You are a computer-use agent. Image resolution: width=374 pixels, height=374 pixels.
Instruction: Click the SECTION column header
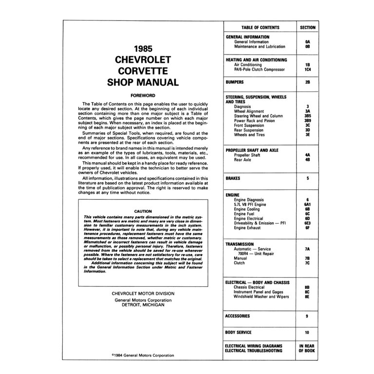pos(307,28)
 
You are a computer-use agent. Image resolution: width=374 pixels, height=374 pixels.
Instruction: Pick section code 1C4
pos(307,69)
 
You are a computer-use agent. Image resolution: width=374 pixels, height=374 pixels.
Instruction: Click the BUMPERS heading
pos(235,82)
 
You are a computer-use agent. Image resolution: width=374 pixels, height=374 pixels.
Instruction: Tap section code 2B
pos(307,82)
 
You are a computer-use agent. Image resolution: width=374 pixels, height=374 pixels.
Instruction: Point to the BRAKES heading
pos(233,179)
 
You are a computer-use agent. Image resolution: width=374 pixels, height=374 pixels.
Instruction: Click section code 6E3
pos(307,223)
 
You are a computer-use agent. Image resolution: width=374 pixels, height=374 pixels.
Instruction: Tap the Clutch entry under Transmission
pos(240,263)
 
